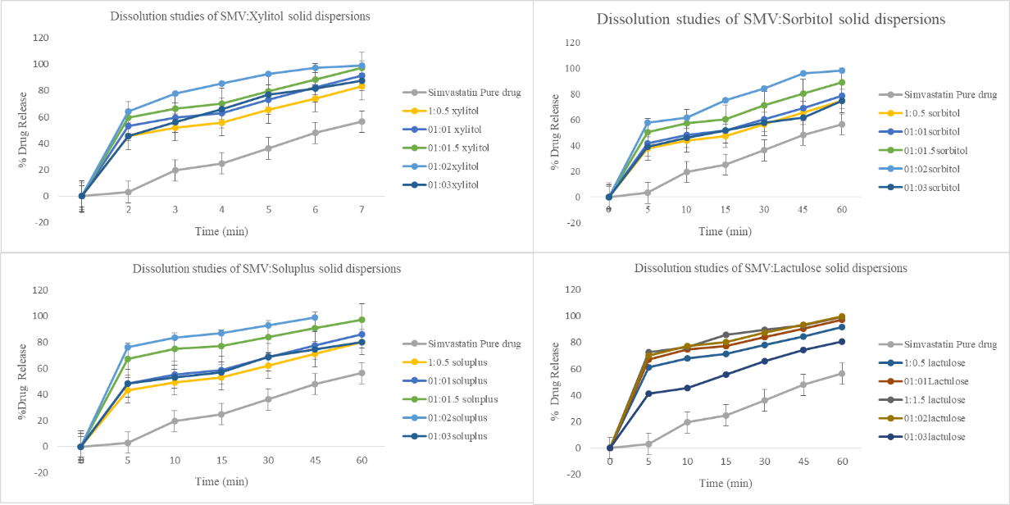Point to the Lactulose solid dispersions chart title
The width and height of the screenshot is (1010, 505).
pyautogui.click(x=771, y=268)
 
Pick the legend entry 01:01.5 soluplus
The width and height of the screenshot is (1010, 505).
pyautogui.click(x=455, y=398)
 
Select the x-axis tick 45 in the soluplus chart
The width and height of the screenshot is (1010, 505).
pyautogui.click(x=314, y=462)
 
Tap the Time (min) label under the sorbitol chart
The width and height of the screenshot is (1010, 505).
pyautogui.click(x=725, y=232)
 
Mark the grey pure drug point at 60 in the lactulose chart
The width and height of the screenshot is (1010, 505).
pyautogui.click(x=842, y=374)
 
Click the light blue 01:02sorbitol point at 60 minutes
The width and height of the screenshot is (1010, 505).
pyautogui.click(x=842, y=71)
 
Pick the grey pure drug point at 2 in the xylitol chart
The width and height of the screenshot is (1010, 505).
pyautogui.click(x=128, y=192)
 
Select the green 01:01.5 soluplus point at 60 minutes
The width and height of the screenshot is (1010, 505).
pyautogui.click(x=362, y=320)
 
